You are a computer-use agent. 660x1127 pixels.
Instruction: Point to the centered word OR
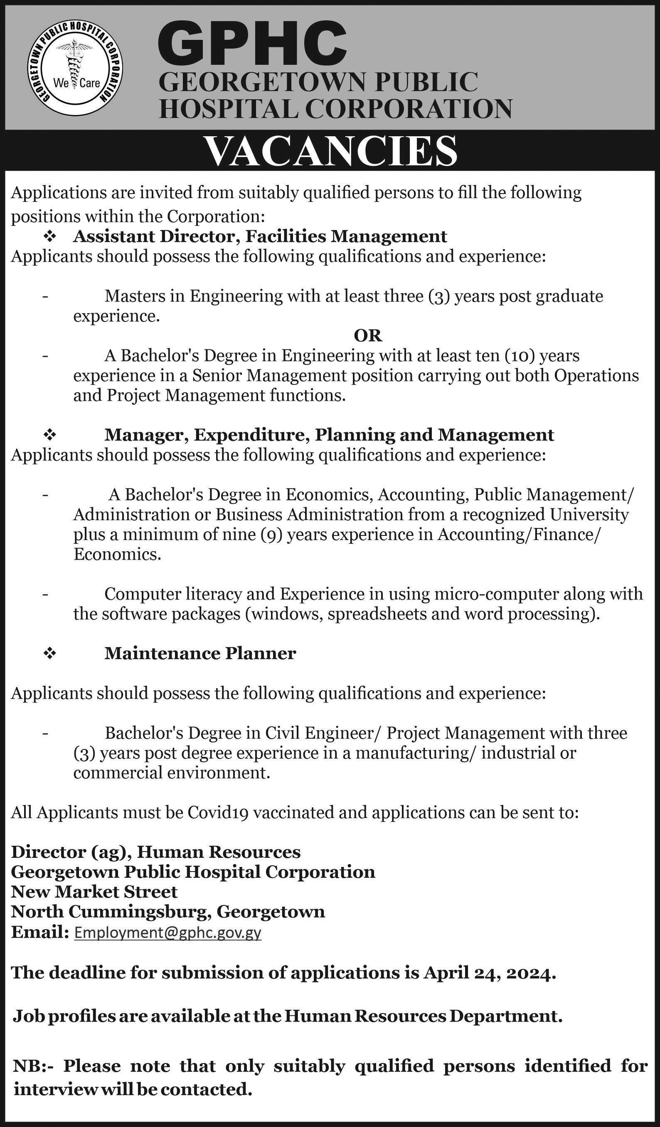(x=368, y=335)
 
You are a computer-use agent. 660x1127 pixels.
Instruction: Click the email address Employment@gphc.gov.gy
(x=167, y=933)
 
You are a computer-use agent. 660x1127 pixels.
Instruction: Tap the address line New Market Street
(x=94, y=892)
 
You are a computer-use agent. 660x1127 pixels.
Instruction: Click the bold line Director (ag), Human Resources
(x=156, y=852)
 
